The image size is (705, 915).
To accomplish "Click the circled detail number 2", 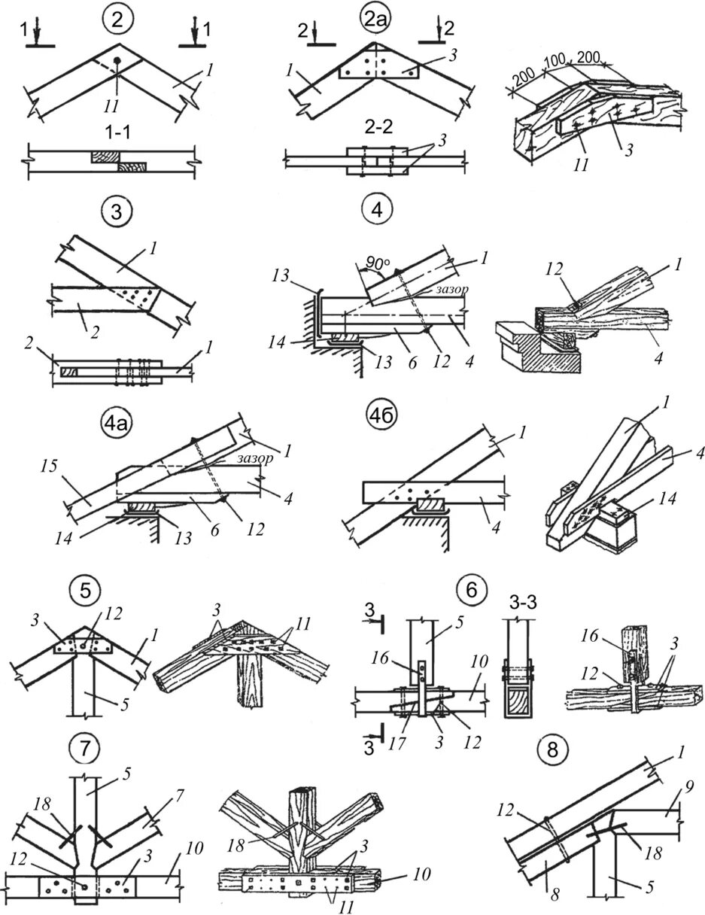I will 117,18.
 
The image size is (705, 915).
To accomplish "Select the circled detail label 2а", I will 374,19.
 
